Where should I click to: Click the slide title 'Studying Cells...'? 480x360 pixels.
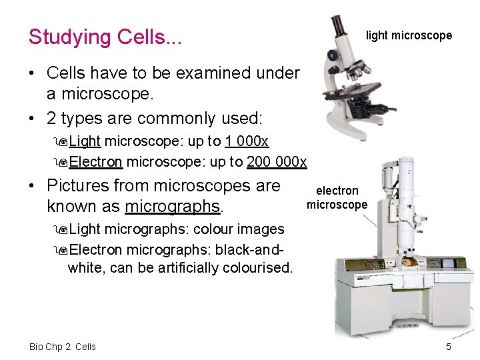[x=105, y=37]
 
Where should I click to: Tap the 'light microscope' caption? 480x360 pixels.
[x=409, y=35]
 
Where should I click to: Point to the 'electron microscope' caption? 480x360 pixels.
[x=337, y=198]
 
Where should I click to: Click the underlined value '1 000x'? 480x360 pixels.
[x=247, y=141]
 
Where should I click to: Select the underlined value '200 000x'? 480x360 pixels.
[x=277, y=162]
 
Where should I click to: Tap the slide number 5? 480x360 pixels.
[x=449, y=347]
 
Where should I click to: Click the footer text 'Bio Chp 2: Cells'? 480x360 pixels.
[x=63, y=347]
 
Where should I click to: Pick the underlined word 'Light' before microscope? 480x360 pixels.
[x=85, y=141]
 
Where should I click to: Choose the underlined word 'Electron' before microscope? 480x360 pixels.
[x=95, y=162]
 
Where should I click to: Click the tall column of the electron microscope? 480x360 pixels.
[x=404, y=200]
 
